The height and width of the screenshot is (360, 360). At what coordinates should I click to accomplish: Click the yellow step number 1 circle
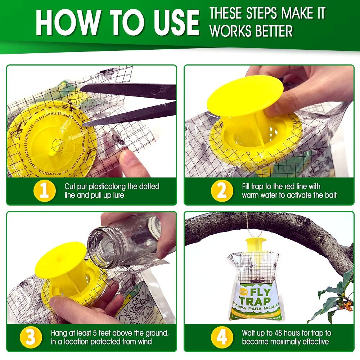tap(44, 191)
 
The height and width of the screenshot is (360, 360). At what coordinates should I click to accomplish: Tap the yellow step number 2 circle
tap(222, 191)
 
